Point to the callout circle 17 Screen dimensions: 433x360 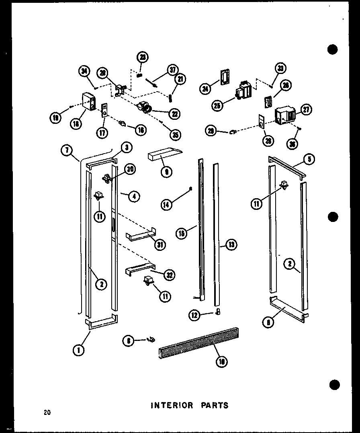[103, 132]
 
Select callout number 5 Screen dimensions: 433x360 [309, 159]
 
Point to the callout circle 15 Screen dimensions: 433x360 [182, 233]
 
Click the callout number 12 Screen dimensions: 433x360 [195, 316]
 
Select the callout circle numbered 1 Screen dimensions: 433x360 [78, 350]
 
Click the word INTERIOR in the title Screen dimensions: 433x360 [172, 405]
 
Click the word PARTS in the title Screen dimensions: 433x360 [215, 405]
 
